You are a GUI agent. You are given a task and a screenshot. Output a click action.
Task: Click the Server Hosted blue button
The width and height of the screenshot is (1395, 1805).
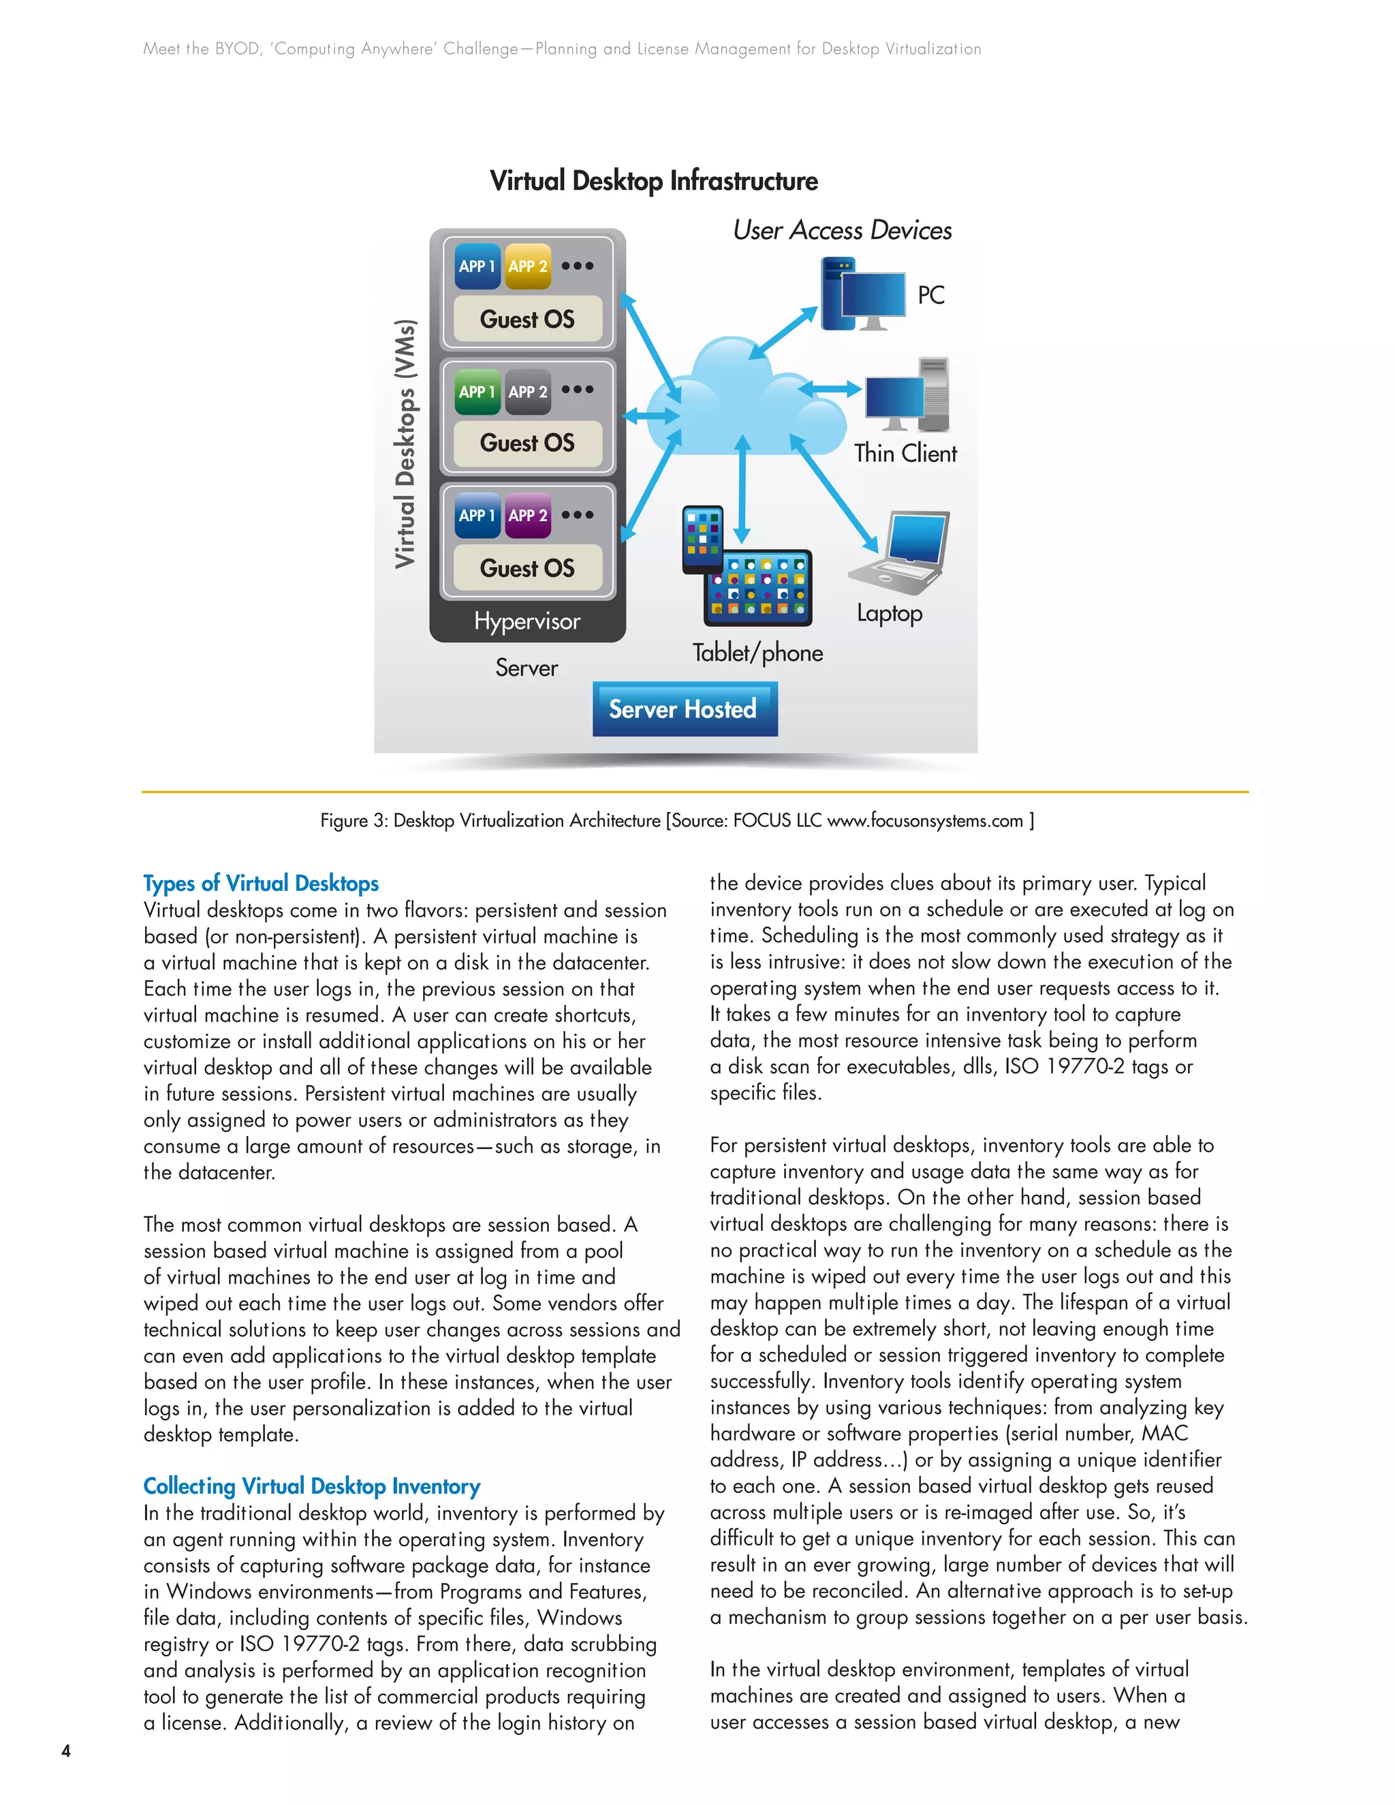[x=685, y=709]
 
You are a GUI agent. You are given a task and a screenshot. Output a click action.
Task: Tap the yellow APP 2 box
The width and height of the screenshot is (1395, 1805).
[x=527, y=266]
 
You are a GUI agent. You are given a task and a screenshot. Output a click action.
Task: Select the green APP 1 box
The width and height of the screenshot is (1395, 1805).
[x=477, y=391]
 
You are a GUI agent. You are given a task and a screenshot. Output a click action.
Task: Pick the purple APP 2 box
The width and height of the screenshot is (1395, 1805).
[x=527, y=515]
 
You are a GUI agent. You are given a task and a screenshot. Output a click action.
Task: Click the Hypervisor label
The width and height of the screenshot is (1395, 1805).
[x=527, y=621]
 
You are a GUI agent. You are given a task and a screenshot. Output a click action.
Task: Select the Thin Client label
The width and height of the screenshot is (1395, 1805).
[x=905, y=453]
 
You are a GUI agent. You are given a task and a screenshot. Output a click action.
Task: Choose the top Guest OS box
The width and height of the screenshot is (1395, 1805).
[x=527, y=319]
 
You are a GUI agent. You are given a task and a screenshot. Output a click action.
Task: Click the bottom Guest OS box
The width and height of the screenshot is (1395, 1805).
[x=527, y=568]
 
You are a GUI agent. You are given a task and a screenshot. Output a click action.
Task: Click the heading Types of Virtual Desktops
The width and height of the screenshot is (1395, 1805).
[x=261, y=883]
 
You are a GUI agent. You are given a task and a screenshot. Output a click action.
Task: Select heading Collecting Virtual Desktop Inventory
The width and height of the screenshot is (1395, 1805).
[x=311, y=1486]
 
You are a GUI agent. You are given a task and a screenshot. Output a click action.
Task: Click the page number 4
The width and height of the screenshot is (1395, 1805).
[x=66, y=1751]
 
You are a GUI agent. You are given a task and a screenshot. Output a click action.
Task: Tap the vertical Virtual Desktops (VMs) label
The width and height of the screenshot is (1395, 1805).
[x=405, y=444]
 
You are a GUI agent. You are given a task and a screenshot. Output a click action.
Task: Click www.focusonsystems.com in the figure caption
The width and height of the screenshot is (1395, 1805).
[x=925, y=821]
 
